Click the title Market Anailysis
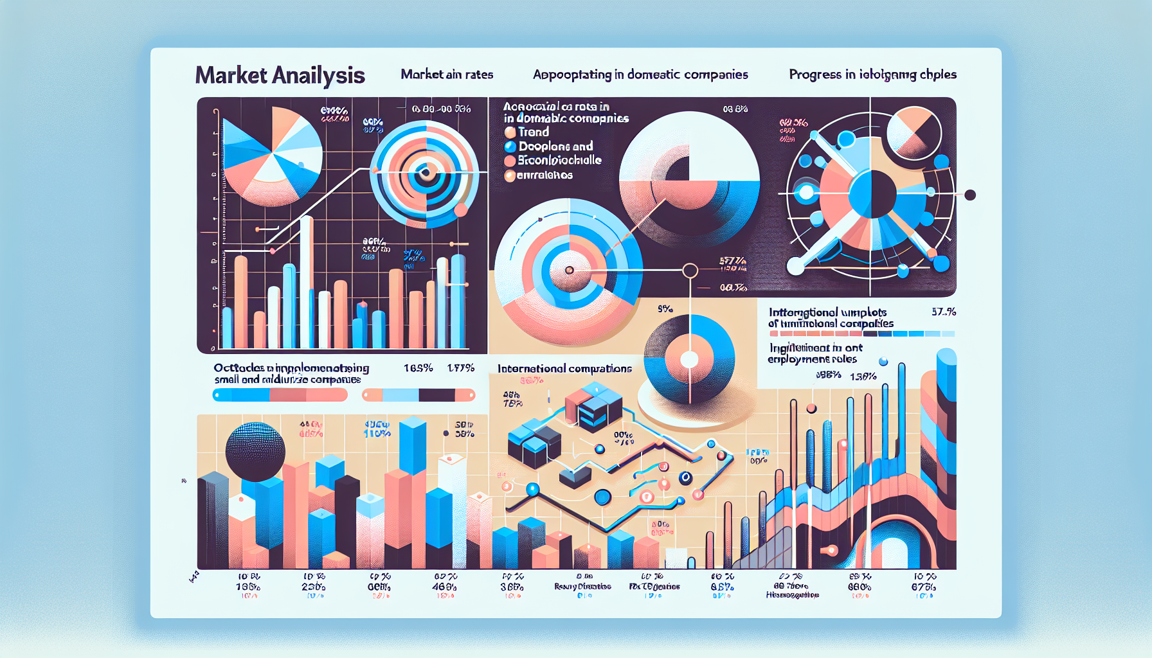(x=280, y=75)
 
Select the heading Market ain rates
(x=447, y=75)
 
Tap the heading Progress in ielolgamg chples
(x=872, y=75)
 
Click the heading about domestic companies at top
(x=640, y=75)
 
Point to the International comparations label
(x=564, y=368)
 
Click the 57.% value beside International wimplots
(x=943, y=312)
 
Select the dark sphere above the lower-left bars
(x=255, y=452)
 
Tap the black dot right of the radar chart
(x=970, y=195)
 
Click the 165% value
(x=418, y=368)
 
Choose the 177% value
(x=461, y=368)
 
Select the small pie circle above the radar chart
(x=914, y=133)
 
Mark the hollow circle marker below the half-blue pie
(x=690, y=271)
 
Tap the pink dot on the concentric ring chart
(x=460, y=209)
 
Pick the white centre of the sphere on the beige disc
(x=689, y=359)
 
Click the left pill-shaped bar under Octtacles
(x=280, y=395)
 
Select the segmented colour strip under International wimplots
(x=861, y=333)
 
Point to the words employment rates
(x=812, y=359)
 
